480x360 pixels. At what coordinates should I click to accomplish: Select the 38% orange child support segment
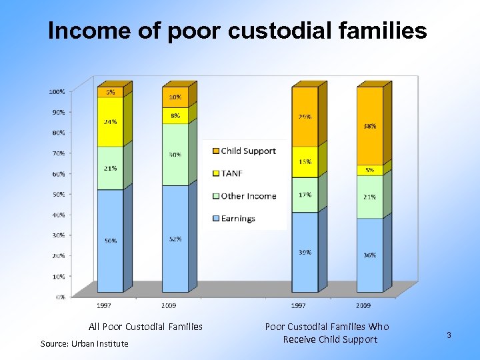point(370,125)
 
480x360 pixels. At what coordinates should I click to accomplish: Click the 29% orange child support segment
point(305,117)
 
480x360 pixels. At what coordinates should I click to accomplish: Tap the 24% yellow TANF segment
point(110,122)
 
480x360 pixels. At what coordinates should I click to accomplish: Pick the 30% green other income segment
point(175,155)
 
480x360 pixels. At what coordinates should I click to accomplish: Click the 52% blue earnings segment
point(175,239)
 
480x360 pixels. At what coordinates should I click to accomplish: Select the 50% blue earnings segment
point(110,241)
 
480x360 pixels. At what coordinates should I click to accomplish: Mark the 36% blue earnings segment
point(370,255)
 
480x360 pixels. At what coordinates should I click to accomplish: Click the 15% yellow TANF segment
point(305,162)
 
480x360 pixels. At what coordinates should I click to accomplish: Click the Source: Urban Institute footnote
point(84,343)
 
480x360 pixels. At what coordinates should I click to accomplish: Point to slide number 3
point(449,335)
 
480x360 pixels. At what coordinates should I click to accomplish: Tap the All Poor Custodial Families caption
point(145,327)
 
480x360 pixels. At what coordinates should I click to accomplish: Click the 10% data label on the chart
point(175,97)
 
